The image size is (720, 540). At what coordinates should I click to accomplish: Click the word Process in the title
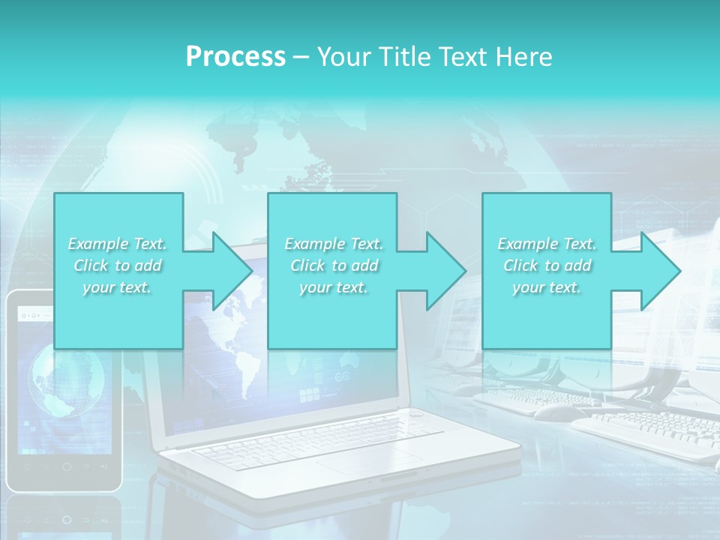tap(235, 56)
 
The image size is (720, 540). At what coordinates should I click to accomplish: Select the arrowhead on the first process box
tap(225, 271)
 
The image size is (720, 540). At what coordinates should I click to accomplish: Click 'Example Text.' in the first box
tap(117, 244)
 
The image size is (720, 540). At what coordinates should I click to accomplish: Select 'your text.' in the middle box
tap(333, 287)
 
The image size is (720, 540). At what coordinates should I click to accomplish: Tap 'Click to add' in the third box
tap(547, 265)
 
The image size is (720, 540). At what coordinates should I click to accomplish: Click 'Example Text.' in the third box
tap(547, 244)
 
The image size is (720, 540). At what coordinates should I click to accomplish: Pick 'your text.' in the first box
tap(117, 287)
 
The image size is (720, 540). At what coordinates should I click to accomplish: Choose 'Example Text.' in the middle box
tap(333, 244)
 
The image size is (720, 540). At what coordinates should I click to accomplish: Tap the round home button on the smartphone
tap(66, 466)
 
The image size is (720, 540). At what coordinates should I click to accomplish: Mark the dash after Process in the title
tap(301, 57)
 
